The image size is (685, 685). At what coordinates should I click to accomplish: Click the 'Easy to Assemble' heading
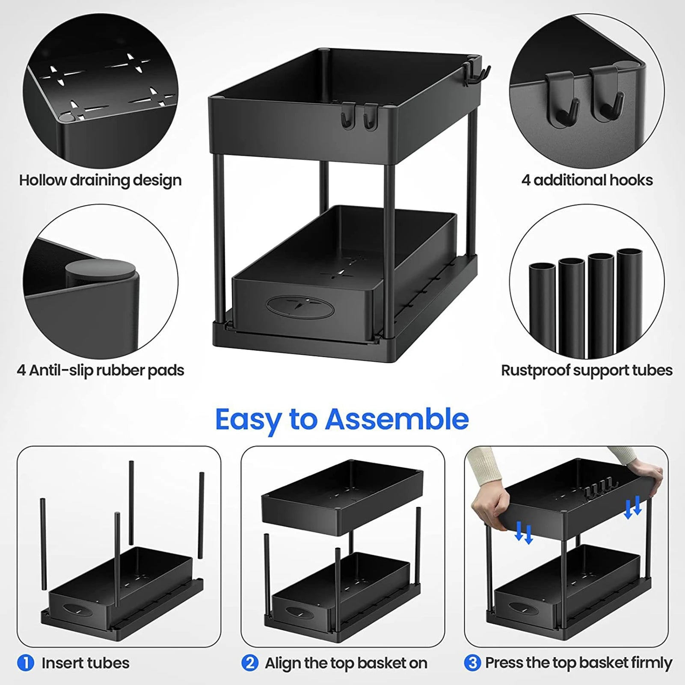342,419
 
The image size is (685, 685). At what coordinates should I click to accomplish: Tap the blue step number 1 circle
26,663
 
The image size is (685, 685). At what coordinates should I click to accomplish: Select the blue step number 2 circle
249,663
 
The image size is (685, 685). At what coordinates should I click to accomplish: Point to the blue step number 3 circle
472,663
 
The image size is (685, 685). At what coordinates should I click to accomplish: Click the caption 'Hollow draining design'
101,180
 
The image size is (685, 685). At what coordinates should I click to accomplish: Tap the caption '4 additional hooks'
587,180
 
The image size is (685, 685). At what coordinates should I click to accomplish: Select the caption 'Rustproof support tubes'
587,370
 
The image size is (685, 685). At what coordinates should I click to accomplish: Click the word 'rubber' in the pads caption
120,370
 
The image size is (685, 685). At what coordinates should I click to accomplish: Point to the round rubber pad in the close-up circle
101,272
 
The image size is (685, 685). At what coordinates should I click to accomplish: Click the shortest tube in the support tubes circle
542,308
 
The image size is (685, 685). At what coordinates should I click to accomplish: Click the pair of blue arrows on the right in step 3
633,507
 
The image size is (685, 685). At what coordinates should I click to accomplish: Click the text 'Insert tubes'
85,663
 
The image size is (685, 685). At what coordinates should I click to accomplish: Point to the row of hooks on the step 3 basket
604,490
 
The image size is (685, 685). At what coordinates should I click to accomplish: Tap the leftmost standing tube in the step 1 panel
43,543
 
